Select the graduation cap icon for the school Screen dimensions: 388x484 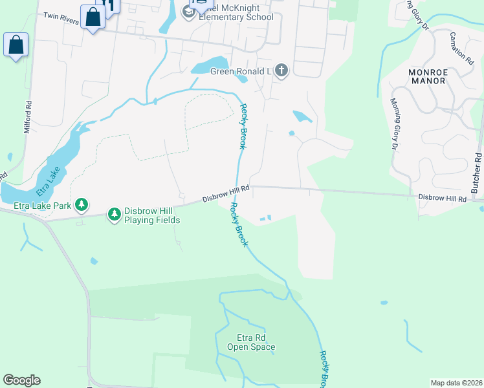189,12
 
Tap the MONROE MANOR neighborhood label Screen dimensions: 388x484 427,76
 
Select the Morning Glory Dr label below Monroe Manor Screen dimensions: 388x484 395,124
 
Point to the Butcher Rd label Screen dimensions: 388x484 477,173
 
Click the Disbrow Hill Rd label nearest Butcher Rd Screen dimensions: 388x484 442,199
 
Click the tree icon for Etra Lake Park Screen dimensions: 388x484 81,205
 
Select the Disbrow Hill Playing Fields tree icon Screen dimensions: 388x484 115,213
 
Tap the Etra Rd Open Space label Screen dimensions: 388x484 251,343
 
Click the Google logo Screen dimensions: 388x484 21,380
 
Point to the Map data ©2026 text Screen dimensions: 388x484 456,383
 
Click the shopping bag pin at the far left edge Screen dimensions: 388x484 16,45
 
